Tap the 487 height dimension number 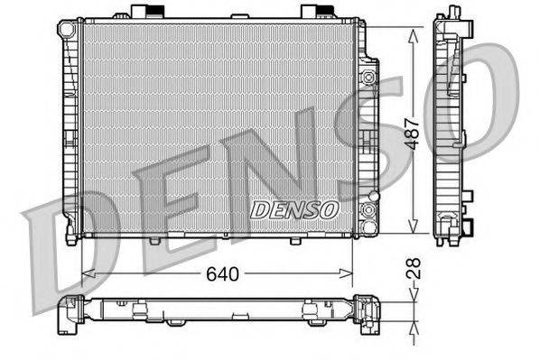pos(413,134)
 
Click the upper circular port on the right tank pos(368,78)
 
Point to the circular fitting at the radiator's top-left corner pos(67,29)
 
